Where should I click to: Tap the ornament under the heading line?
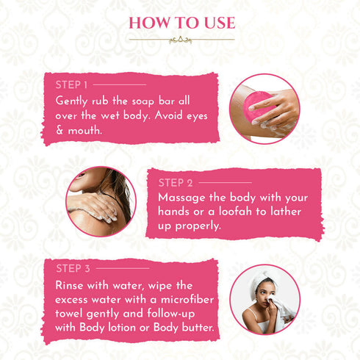[x=180, y=40]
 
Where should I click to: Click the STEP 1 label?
[x=72, y=84]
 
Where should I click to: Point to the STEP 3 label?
[x=73, y=268]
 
